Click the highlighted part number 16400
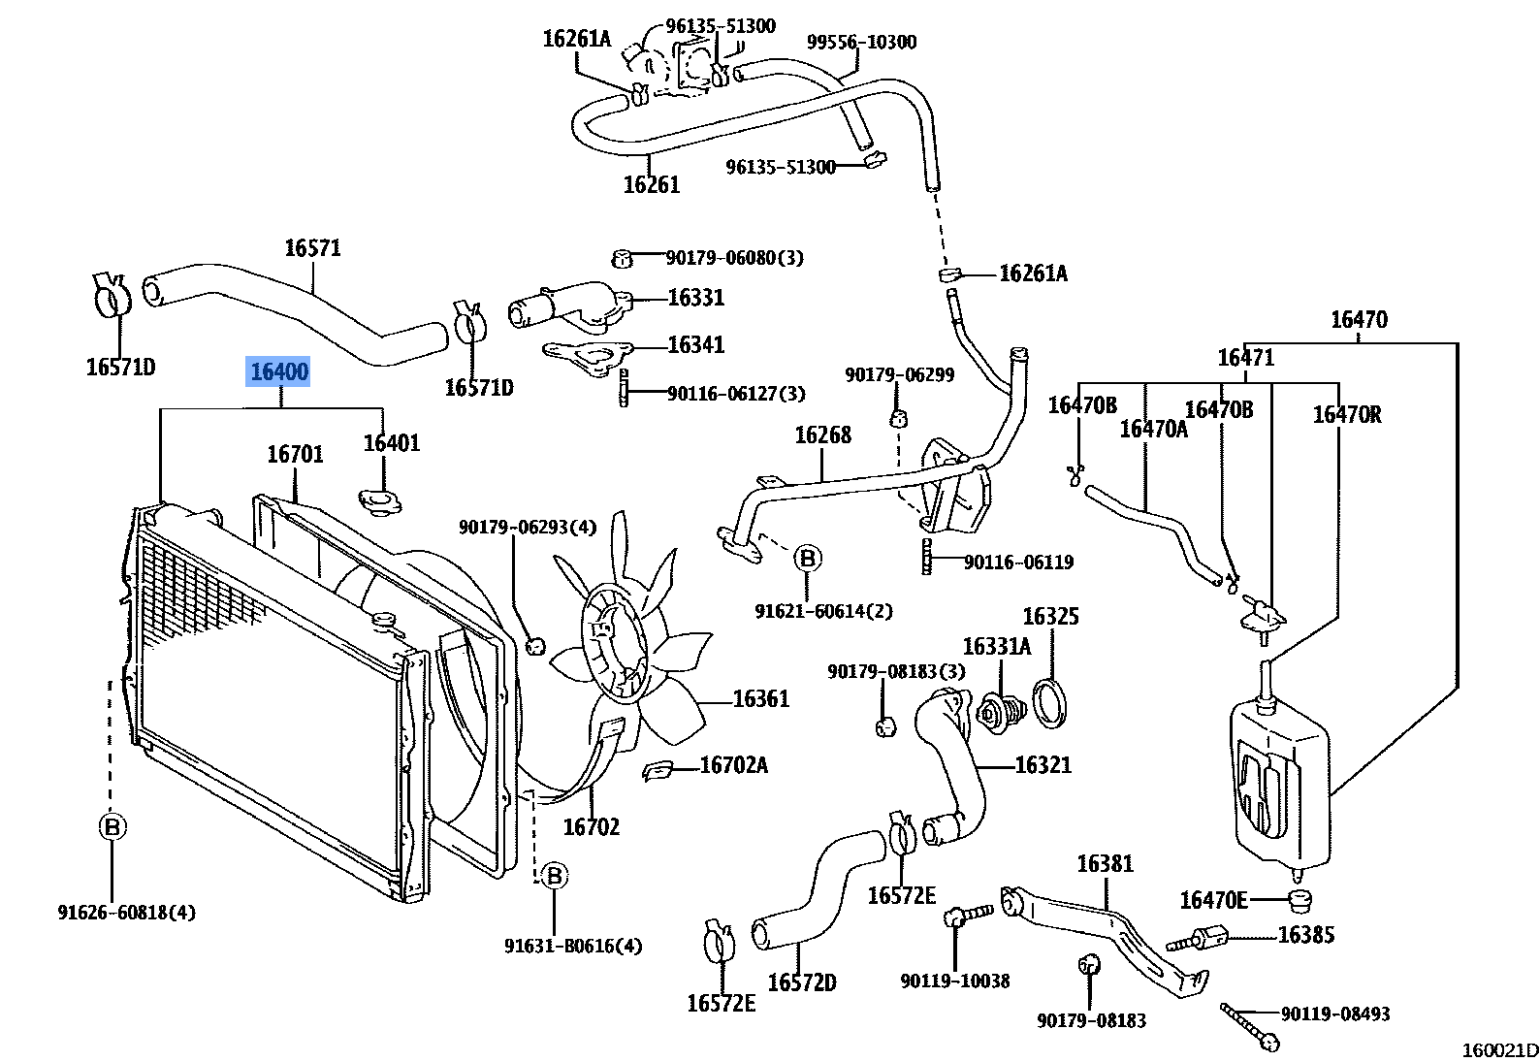(x=279, y=371)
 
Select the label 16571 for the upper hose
(x=312, y=248)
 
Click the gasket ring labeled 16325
(x=1049, y=703)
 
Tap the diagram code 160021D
(x=1499, y=1049)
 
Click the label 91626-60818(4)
(x=126, y=912)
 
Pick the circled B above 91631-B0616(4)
(x=554, y=877)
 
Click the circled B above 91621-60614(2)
(x=807, y=559)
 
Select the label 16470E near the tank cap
(x=1212, y=900)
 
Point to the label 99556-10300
(x=861, y=42)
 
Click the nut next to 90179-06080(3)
(x=624, y=258)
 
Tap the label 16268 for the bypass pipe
(x=822, y=435)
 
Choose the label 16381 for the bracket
(x=1105, y=863)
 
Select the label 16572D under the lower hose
(x=801, y=982)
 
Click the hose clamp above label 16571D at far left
(x=113, y=295)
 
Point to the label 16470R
(x=1346, y=415)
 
